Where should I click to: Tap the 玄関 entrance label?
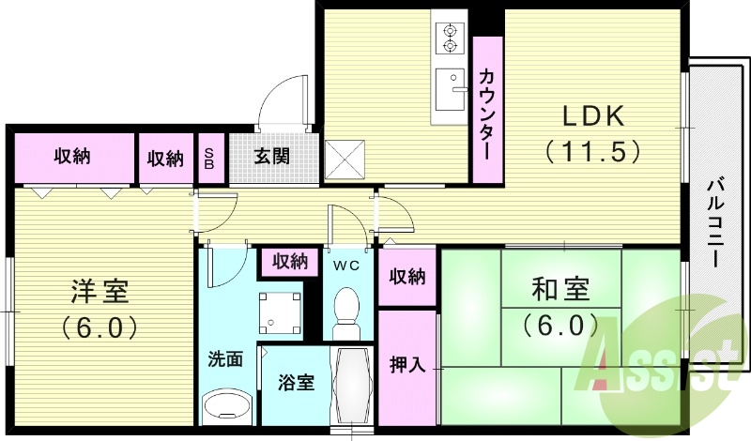click(271, 156)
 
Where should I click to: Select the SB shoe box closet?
click(209, 158)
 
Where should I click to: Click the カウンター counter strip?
click(487, 110)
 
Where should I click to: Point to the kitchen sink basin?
click(451, 89)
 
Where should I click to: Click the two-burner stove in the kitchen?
click(450, 38)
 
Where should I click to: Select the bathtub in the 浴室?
click(352, 386)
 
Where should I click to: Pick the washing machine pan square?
click(280, 312)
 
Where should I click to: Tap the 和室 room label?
click(560, 289)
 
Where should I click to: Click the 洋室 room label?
click(100, 291)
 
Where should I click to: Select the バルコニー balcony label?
click(717, 222)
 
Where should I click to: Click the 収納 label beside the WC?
click(290, 262)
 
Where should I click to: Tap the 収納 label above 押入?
click(407, 276)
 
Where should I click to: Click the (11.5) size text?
click(593, 152)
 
